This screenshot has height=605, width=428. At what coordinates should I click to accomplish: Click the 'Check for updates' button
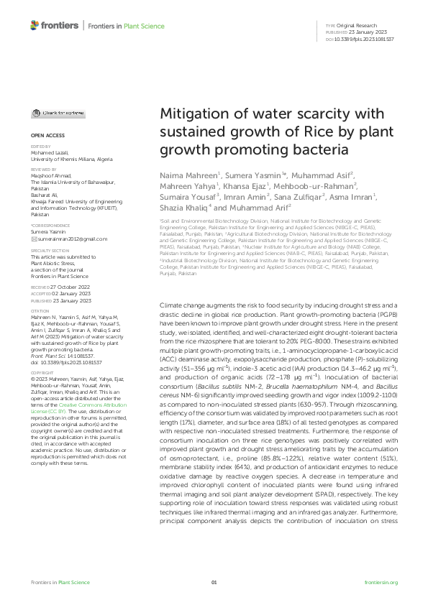pos(60,114)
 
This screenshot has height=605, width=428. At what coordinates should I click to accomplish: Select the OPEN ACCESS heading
pos(47,134)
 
